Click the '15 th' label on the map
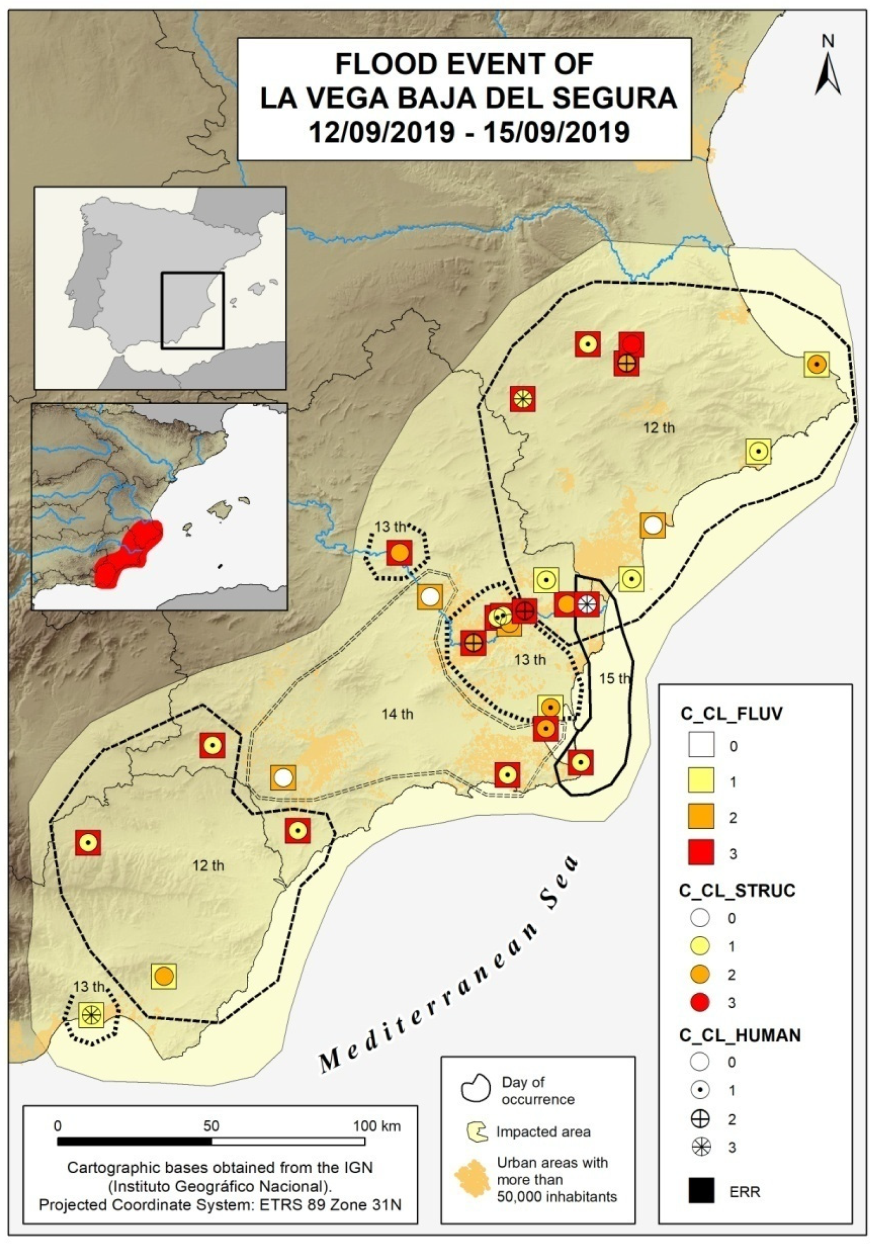pos(614,678)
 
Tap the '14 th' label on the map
pos(397,714)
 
